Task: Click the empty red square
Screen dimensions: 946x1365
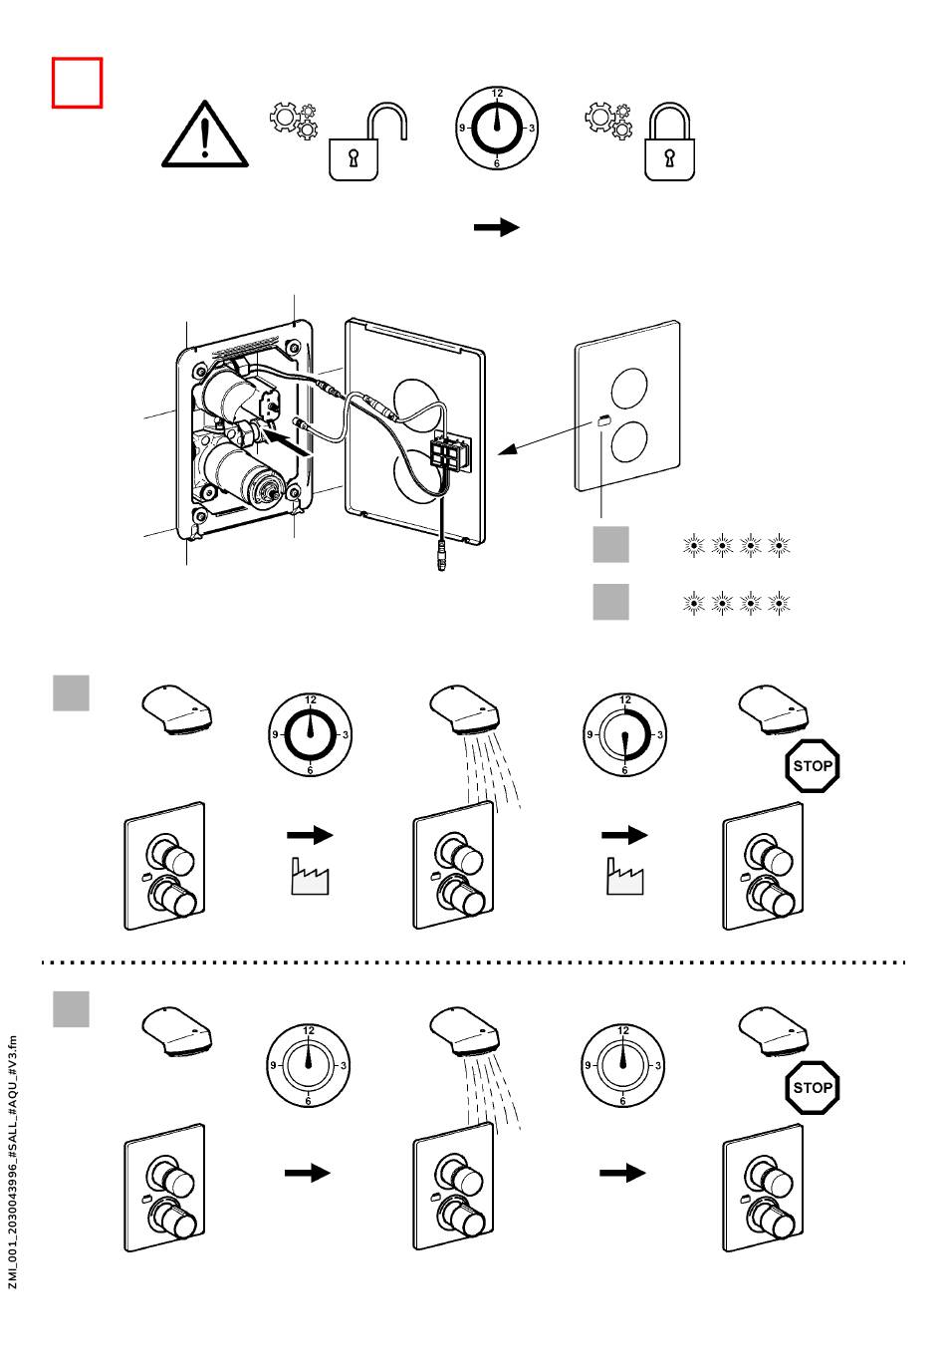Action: [x=77, y=83]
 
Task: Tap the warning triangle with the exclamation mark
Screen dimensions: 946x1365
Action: [x=205, y=135]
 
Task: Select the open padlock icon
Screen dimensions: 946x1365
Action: [x=367, y=141]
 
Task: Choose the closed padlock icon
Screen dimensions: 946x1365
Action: [x=669, y=141]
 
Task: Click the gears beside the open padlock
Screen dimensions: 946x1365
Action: [x=294, y=121]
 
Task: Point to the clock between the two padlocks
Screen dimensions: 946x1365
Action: [x=497, y=129]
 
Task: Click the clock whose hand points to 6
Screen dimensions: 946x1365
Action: [x=624, y=734]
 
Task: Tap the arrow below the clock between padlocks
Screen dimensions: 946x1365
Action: [x=497, y=227]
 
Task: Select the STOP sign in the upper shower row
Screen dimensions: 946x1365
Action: [x=812, y=765]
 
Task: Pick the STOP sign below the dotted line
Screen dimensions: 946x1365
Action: [x=812, y=1088]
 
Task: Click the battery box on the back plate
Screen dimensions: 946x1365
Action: [x=450, y=450]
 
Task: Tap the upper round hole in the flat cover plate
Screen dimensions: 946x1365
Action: [x=629, y=388]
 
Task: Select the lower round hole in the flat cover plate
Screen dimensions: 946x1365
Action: [x=629, y=441]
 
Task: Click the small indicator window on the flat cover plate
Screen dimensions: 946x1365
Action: [x=603, y=419]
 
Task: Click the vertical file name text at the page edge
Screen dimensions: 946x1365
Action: [x=13, y=1162]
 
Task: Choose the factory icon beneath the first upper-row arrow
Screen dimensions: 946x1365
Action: [x=310, y=876]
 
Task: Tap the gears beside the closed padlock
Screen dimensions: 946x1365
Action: [x=608, y=121]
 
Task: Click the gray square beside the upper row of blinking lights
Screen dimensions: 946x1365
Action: [x=611, y=544]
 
